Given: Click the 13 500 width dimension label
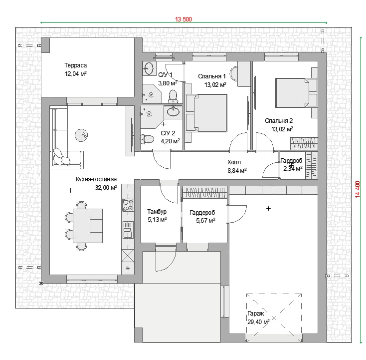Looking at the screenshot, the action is click(x=183, y=19).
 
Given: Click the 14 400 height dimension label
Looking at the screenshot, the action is click(x=358, y=189).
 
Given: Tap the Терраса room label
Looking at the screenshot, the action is click(x=76, y=65).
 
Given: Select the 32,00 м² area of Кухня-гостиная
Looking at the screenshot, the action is click(x=106, y=187).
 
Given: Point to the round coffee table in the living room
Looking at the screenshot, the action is click(x=81, y=135).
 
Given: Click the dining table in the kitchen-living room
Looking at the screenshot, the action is click(x=88, y=226).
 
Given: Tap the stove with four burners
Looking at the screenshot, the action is click(x=128, y=205).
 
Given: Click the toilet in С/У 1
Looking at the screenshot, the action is click(x=173, y=97).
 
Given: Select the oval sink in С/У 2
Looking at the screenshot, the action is click(x=173, y=112).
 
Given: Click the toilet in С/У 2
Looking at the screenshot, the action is click(x=147, y=139).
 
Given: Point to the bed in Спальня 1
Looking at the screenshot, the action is click(x=206, y=113).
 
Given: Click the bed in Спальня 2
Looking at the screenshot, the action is click(x=297, y=93).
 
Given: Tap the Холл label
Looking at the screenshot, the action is click(x=234, y=162).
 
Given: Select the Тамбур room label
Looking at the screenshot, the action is click(x=157, y=212).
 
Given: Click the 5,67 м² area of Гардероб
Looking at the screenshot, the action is click(x=205, y=220).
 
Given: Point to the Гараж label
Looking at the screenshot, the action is click(x=256, y=314).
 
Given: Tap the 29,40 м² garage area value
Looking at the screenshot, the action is click(x=258, y=322).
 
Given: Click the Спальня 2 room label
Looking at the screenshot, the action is click(x=279, y=121).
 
